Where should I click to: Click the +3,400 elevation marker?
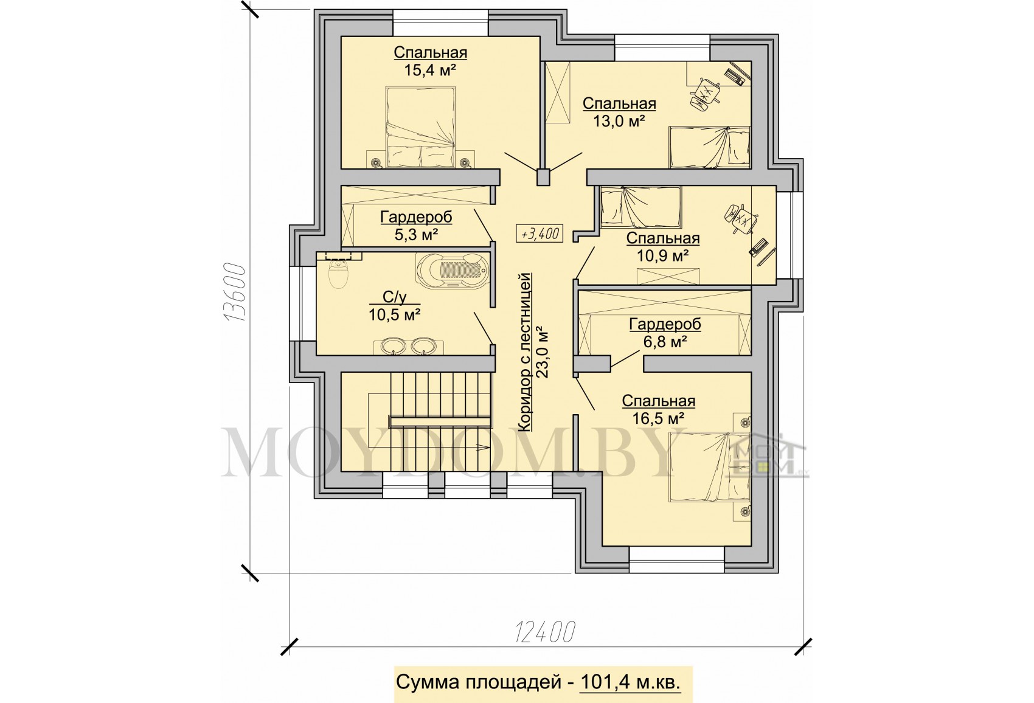tap(539, 234)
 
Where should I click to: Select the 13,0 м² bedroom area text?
tap(619, 121)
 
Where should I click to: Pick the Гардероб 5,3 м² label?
tap(416, 226)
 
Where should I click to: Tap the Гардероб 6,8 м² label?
tap(665, 333)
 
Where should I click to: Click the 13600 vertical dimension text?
tap(234, 292)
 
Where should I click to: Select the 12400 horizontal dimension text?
tap(545, 631)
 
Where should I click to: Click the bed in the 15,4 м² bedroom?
tap(420, 127)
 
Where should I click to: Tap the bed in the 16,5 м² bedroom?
tap(710, 466)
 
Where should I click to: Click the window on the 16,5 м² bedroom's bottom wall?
tap(677, 560)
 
